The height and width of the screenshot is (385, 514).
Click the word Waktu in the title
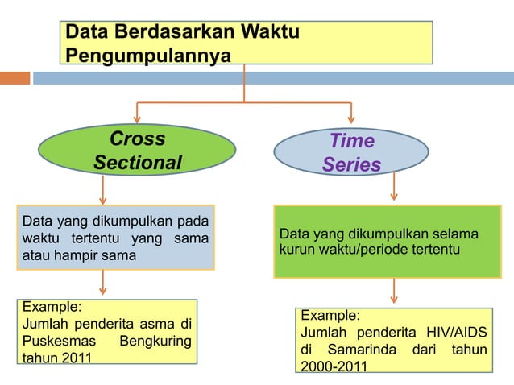pos(267,33)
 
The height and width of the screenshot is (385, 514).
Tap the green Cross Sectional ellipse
pos(138,151)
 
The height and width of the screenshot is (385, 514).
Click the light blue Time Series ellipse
pos(351,152)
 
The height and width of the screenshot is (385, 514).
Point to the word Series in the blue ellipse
pos(351,165)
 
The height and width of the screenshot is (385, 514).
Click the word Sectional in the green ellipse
pos(138,163)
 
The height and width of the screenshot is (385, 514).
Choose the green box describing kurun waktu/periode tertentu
pos(388,242)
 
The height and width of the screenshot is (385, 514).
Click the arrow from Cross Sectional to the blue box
pos(103,191)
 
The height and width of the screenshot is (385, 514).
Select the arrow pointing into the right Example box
pos(394,292)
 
